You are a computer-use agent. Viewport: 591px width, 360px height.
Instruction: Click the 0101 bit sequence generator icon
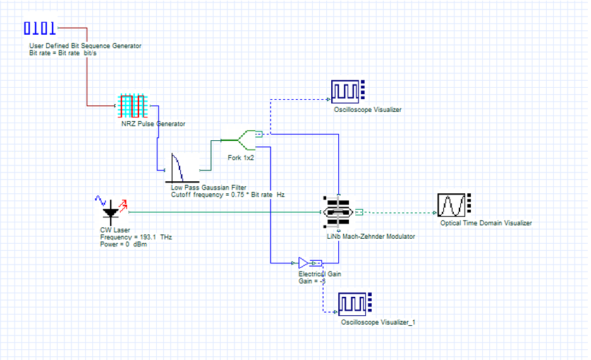(40, 28)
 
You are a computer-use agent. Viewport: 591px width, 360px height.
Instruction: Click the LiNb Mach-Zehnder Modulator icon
(338, 213)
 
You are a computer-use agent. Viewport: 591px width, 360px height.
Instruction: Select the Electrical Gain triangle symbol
(304, 262)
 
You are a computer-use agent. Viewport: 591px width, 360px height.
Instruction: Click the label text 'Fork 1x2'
(240, 157)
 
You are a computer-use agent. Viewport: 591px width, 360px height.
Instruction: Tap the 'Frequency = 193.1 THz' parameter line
(136, 237)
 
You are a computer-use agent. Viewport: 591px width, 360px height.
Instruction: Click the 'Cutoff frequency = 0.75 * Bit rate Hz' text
(228, 195)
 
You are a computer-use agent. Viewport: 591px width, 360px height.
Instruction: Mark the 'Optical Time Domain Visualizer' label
(485, 223)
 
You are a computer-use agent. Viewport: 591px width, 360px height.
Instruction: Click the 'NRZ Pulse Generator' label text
(153, 124)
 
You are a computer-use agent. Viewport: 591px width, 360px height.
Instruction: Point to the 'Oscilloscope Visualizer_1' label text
(378, 323)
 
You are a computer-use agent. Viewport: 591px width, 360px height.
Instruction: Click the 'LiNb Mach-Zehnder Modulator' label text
(370, 236)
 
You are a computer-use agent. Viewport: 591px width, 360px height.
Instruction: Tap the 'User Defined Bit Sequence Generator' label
(85, 46)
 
